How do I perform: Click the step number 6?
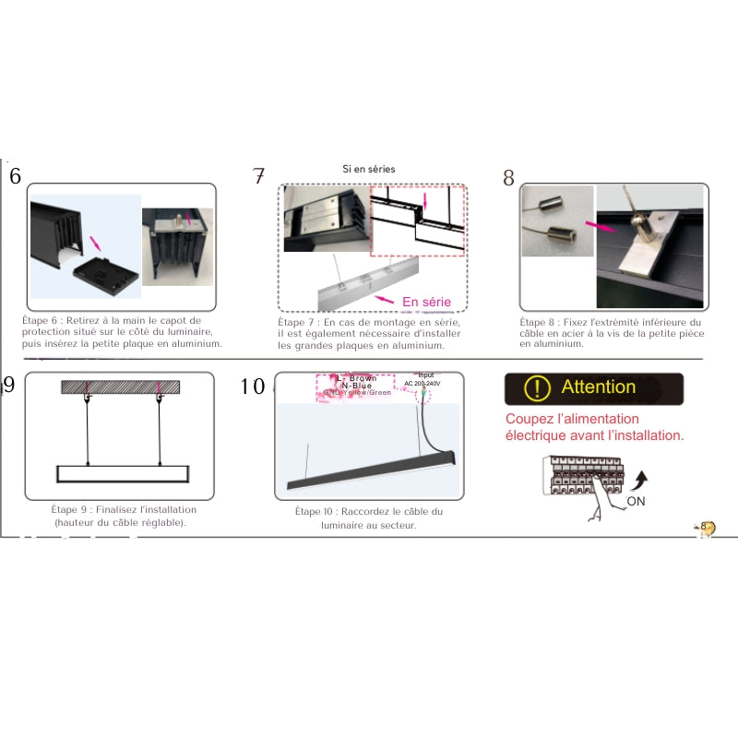pos(15,177)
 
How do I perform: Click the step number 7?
pos(259,177)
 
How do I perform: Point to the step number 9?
pos(9,386)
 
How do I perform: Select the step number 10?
pos(253,387)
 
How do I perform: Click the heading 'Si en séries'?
pos(368,170)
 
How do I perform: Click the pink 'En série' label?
pos(427,302)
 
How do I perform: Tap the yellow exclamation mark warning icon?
pos(536,388)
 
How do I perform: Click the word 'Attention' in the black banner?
pos(598,387)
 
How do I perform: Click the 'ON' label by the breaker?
pos(636,502)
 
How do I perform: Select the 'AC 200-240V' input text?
pos(423,384)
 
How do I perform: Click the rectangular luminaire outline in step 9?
pos(122,473)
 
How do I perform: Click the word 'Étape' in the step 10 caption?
pos(309,512)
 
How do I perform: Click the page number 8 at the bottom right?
pos(703,527)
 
